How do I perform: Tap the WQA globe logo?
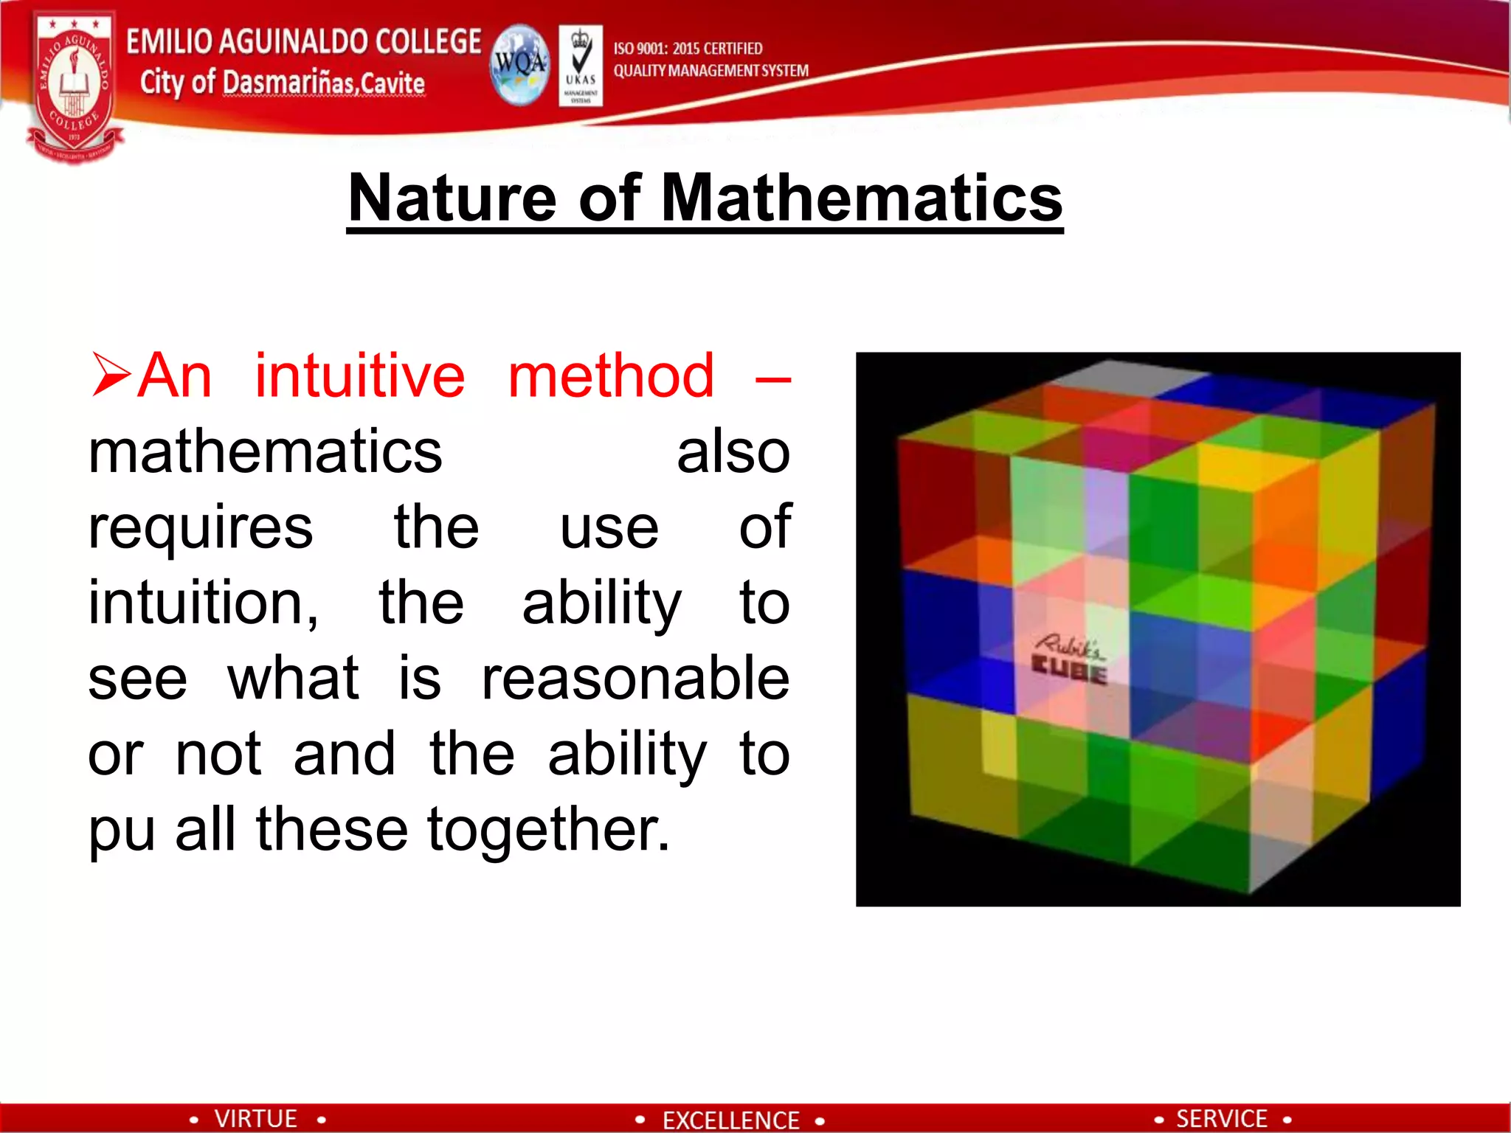(x=520, y=65)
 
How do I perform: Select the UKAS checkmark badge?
(x=581, y=65)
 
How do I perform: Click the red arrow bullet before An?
(x=111, y=375)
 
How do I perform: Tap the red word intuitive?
(x=360, y=376)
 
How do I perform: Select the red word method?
(x=611, y=376)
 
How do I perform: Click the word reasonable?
(x=635, y=678)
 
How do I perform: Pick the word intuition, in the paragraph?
(x=203, y=603)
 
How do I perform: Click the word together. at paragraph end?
(x=549, y=830)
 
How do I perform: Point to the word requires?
(x=200, y=528)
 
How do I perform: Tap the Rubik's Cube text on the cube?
(x=1069, y=659)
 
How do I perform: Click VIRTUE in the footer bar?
(x=255, y=1118)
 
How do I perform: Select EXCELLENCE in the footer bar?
(x=730, y=1120)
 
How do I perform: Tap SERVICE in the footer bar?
(x=1221, y=1118)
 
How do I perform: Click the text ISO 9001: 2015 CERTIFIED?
(x=688, y=49)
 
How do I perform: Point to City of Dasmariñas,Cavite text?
(x=283, y=83)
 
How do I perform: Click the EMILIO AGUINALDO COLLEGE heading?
(x=303, y=41)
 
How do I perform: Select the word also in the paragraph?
(x=733, y=452)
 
